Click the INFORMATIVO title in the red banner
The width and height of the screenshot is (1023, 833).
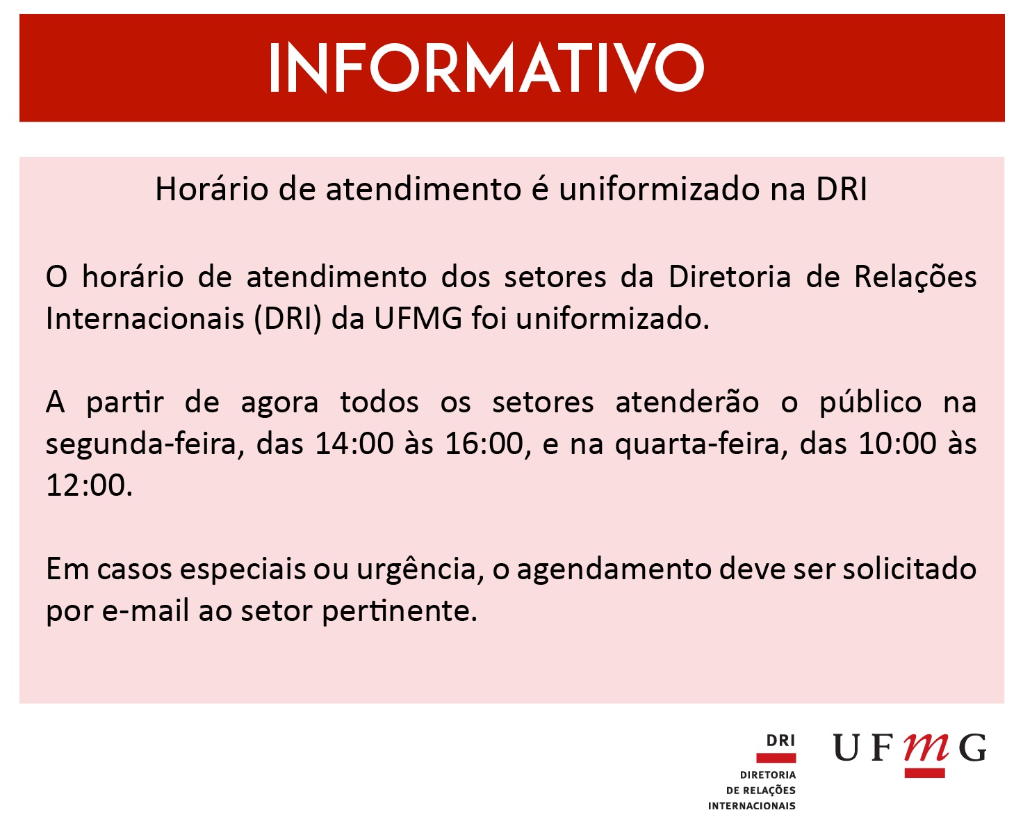click(486, 67)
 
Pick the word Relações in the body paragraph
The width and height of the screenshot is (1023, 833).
click(915, 277)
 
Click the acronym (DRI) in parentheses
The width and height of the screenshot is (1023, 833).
click(287, 319)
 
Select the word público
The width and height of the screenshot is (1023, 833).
click(870, 403)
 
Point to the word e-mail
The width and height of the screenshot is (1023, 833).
click(145, 611)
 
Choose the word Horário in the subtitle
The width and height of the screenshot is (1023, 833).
click(211, 188)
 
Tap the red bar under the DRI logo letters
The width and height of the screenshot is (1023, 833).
click(776, 758)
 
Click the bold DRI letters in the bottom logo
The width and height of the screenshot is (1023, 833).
click(780, 741)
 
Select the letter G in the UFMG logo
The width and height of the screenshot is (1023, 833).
click(972, 747)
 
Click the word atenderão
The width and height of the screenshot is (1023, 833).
click(687, 403)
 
